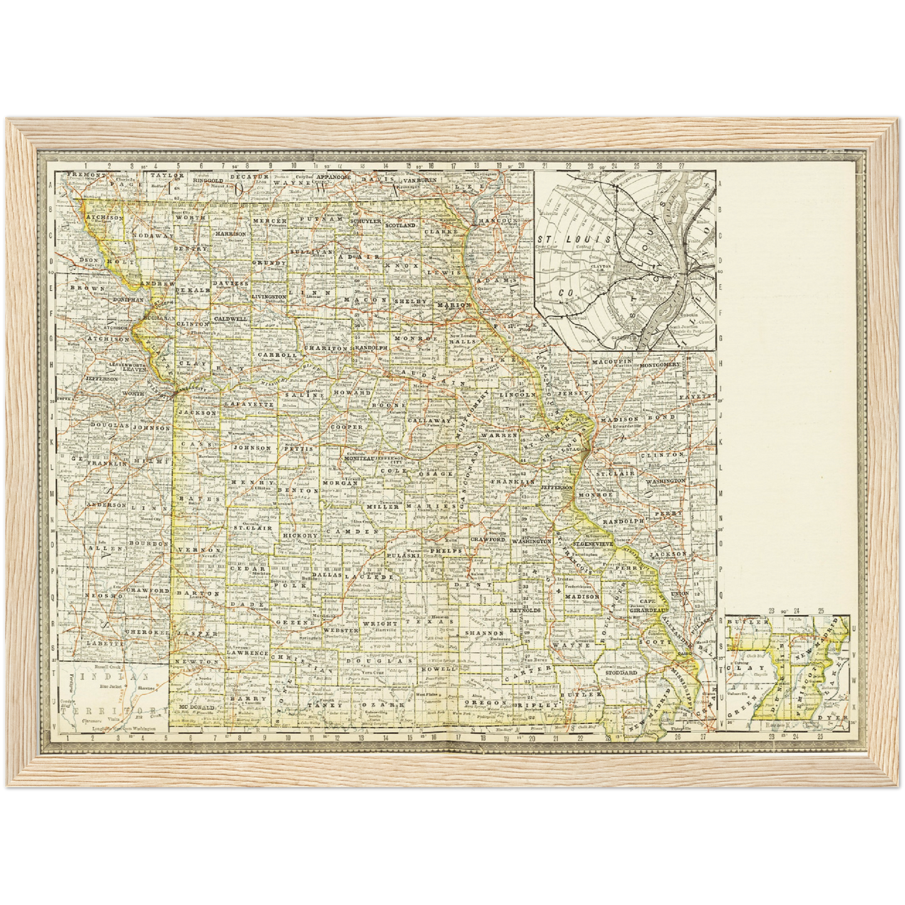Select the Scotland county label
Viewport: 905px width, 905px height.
coord(400,225)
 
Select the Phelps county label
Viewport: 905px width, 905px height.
coord(445,551)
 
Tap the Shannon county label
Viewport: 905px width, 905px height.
coord(482,633)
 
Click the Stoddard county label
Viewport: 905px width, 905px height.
coord(621,672)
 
